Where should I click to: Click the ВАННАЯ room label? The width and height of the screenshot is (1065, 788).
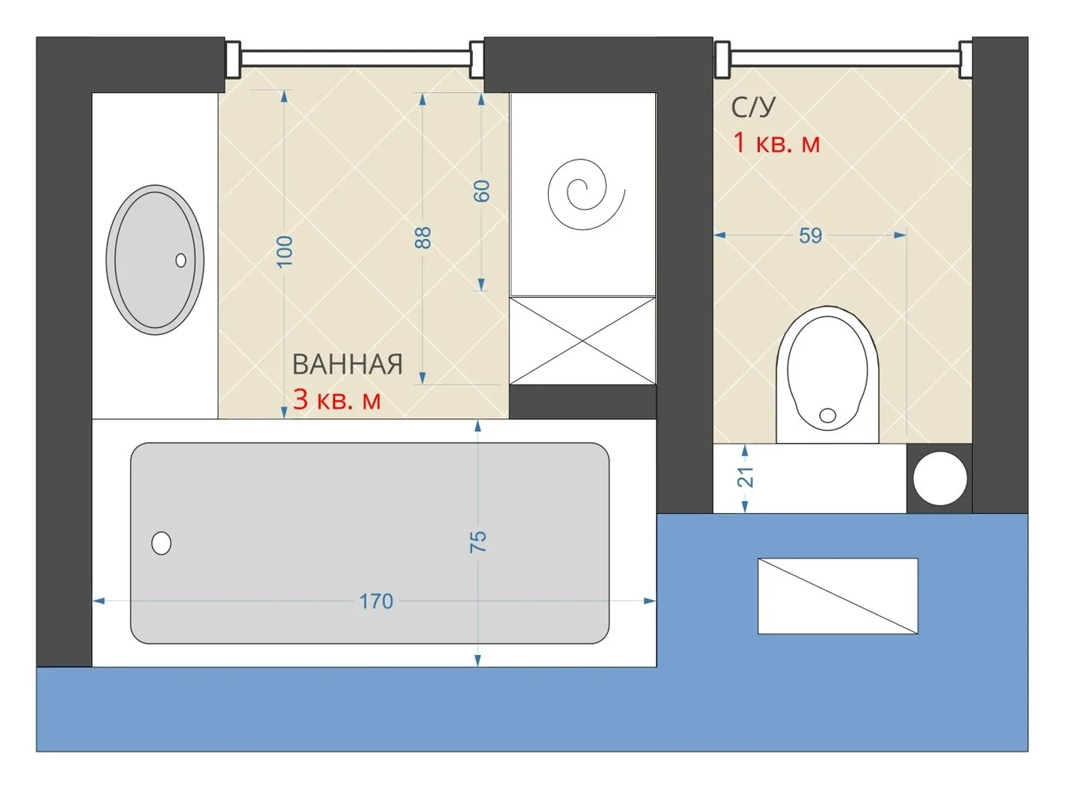point(347,365)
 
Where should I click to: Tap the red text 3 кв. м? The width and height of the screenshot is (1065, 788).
point(337,400)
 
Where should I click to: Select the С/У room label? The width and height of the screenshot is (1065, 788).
point(752,107)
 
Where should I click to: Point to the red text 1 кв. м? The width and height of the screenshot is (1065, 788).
point(776,143)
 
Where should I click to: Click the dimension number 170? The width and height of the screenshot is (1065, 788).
point(377,601)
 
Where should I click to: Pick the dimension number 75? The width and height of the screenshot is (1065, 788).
point(479,542)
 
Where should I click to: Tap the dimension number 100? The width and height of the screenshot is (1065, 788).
point(285,251)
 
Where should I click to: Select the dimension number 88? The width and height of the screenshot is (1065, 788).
point(423,238)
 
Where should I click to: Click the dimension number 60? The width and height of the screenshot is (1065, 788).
point(482,191)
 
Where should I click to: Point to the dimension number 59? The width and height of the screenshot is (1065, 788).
point(810,236)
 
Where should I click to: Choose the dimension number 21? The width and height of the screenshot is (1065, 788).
point(745,477)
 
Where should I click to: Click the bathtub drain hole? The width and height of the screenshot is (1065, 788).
point(162,543)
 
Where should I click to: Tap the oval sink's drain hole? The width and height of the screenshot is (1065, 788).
point(181,260)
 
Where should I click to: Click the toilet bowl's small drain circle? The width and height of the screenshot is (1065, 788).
point(827,415)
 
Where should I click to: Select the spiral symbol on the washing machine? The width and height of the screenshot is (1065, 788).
point(586,194)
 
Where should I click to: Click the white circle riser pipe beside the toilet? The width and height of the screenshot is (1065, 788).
point(940,479)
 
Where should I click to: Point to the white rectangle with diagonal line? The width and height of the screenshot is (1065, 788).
point(838,596)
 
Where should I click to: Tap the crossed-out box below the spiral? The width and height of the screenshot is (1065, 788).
point(583,341)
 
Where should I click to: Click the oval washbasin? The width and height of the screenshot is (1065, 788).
point(155,260)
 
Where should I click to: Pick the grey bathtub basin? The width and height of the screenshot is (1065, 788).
point(370,543)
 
